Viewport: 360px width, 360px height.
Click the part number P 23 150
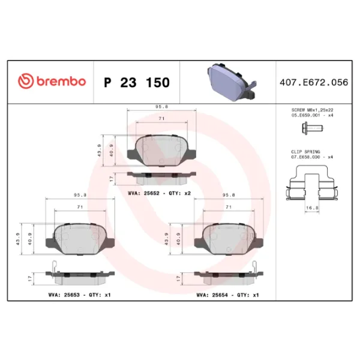point(137,82)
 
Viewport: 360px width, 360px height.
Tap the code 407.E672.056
point(314,82)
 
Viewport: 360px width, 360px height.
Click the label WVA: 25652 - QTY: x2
point(160,193)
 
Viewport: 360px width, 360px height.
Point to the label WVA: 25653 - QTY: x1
point(79,295)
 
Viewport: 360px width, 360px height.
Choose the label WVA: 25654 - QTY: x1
point(227,295)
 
